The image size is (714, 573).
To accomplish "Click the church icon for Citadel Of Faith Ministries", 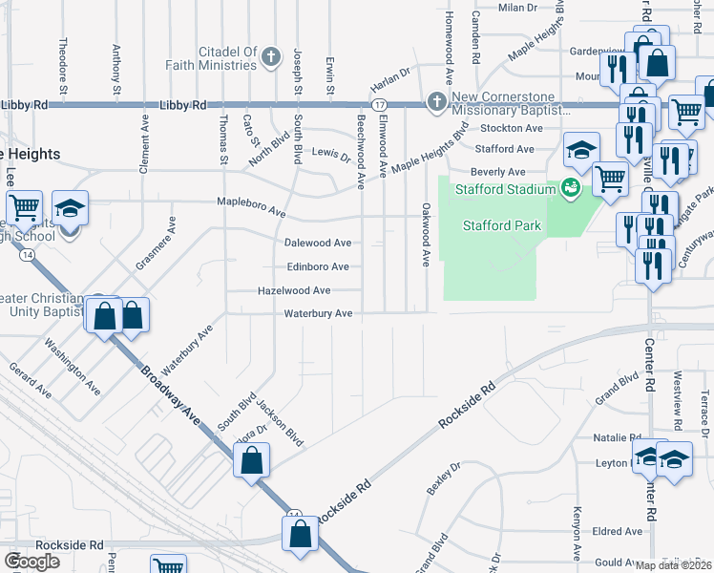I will tap(271, 55).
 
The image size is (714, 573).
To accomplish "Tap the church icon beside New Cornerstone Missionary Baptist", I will tap(437, 101).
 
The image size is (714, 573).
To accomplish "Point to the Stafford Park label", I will tap(502, 226).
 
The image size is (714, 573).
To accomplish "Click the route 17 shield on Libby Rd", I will tap(379, 104).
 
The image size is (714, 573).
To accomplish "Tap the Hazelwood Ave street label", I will tap(294, 290).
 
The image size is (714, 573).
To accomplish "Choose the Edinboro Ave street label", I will tap(318, 267).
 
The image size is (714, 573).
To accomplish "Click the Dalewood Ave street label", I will tap(318, 244).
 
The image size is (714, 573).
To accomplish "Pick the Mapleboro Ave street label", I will tap(251, 205).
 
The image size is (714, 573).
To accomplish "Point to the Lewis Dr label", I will tap(332, 154).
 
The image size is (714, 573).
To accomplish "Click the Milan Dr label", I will tap(518, 7).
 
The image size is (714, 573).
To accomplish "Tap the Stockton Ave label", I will tap(510, 128).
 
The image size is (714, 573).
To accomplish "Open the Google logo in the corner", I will tap(32, 561).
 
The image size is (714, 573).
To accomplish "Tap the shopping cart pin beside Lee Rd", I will tap(24, 207).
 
